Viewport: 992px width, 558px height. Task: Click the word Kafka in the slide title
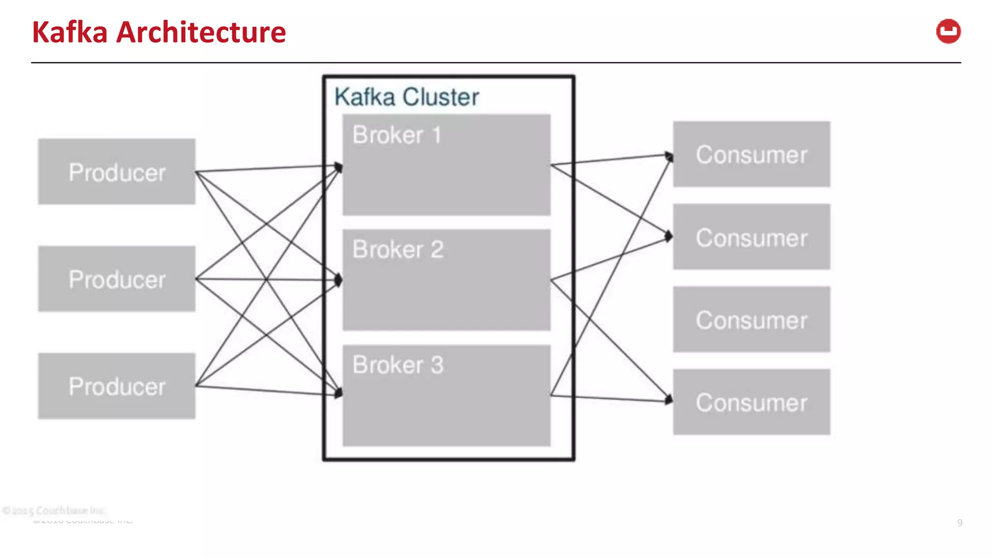(x=70, y=32)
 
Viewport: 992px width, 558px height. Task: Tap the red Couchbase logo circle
(x=948, y=31)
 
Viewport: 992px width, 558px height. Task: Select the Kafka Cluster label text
(x=406, y=97)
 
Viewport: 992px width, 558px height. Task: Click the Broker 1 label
(x=397, y=135)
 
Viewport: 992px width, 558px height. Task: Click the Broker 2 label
(x=398, y=249)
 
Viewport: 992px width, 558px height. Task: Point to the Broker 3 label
(x=398, y=365)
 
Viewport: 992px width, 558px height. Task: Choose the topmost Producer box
(x=117, y=171)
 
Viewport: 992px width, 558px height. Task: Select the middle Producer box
(x=117, y=279)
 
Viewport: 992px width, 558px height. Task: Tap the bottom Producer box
(x=117, y=386)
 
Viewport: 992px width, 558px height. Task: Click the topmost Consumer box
(x=751, y=154)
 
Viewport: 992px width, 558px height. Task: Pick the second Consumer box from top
(x=751, y=237)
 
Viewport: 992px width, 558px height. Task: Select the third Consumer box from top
(x=751, y=319)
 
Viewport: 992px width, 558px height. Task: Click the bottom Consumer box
(x=751, y=402)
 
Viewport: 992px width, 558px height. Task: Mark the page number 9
(x=959, y=523)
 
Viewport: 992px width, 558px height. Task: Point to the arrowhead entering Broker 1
(x=339, y=168)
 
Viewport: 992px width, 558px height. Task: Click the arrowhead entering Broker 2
(x=339, y=279)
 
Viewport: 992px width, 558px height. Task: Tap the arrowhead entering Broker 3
(x=338, y=393)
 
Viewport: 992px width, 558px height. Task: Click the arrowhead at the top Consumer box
(x=669, y=156)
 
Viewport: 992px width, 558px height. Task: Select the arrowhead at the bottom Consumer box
(x=669, y=400)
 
